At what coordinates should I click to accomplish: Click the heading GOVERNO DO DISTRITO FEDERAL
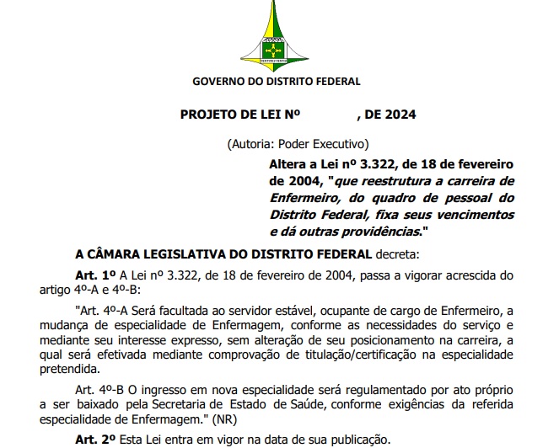(x=276, y=82)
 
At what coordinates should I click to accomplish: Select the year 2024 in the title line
(x=397, y=115)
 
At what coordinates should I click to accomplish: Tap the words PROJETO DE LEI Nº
(x=240, y=115)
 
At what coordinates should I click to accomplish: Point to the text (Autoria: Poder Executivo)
(x=298, y=144)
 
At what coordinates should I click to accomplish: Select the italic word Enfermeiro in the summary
(x=302, y=198)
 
